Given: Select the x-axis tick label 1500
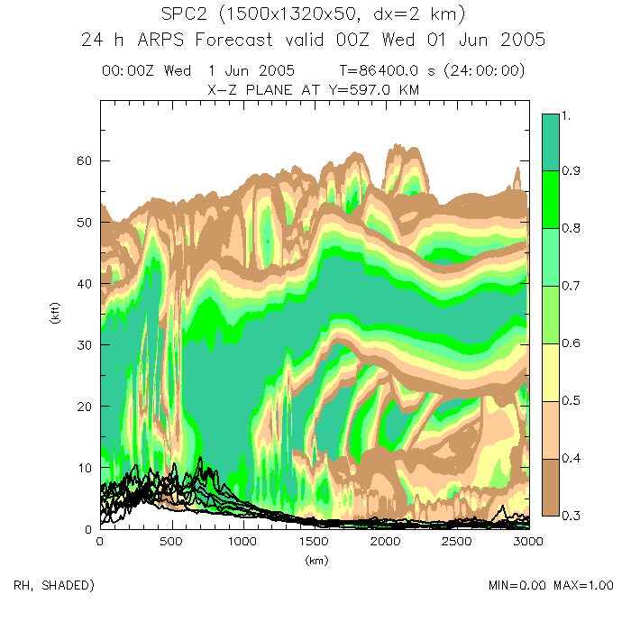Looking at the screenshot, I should point(313,542).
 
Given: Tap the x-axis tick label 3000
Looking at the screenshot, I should point(527,542).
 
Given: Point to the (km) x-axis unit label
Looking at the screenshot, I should point(313,560).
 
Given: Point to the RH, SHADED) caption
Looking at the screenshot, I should point(54,586).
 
